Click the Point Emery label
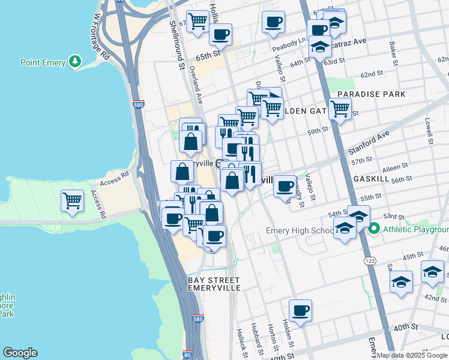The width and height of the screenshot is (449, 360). point(43,62)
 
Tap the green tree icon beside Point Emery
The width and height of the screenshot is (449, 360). point(75,61)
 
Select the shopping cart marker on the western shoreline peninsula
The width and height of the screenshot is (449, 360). point(73,200)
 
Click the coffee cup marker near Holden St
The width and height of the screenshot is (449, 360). point(300,311)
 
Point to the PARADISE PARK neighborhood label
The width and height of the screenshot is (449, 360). point(371,94)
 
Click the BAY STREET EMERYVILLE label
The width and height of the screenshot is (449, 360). point(214,284)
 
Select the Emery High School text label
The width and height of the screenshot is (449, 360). point(300,231)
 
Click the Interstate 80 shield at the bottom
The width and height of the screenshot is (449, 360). point(187,355)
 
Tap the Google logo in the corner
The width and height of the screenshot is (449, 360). point(20,353)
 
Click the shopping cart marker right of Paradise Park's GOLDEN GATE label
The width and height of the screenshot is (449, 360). point(340,110)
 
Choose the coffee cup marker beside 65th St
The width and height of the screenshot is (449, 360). point(220,35)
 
